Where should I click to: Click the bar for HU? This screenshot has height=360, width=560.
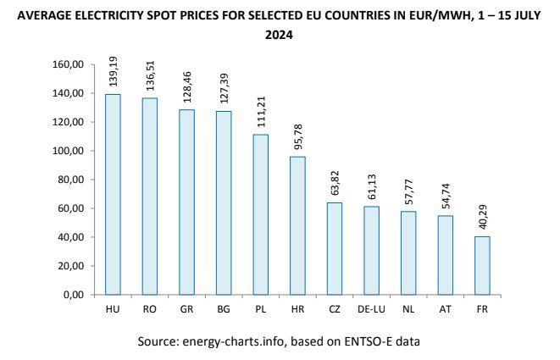pyautogui.click(x=113, y=194)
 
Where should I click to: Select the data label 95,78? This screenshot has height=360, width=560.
pyautogui.click(x=299, y=136)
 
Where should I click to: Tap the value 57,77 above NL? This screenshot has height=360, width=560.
pyautogui.click(x=409, y=191)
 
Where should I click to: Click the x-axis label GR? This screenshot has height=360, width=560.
pyautogui.click(x=186, y=310)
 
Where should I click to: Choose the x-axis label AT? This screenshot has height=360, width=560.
pyautogui.click(x=445, y=310)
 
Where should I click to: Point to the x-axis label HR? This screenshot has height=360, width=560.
pyautogui.click(x=297, y=310)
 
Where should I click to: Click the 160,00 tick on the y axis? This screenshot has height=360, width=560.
pyautogui.click(x=67, y=64)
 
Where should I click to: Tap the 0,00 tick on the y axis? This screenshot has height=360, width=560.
pyautogui.click(x=72, y=295)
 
